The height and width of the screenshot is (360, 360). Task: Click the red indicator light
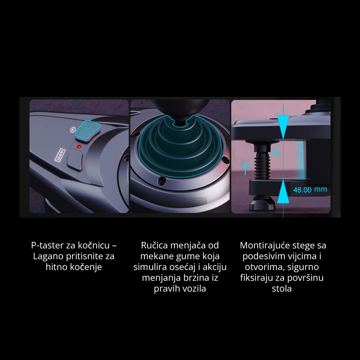click(79, 147)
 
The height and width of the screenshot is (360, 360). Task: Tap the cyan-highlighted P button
click(88, 130)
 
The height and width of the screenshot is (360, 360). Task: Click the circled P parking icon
click(73, 130)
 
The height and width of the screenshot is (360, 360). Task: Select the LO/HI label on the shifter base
click(60, 155)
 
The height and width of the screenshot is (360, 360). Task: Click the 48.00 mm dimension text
click(310, 190)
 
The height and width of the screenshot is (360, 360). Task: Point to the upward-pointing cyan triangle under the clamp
click(283, 192)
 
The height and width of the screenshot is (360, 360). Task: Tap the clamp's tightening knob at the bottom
click(262, 203)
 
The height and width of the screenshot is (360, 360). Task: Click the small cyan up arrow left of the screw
click(246, 168)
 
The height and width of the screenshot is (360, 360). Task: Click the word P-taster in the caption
click(47, 246)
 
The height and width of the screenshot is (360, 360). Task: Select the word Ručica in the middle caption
click(154, 246)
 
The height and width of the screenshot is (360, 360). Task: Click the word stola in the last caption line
click(282, 289)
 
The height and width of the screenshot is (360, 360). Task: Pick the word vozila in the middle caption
click(193, 289)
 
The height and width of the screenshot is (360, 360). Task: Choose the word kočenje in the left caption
click(87, 267)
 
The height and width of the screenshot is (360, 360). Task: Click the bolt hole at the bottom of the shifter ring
click(162, 181)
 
